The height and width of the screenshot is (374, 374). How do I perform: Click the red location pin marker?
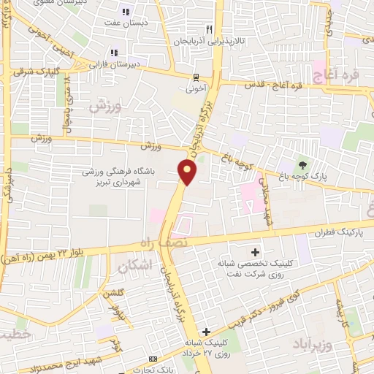188,173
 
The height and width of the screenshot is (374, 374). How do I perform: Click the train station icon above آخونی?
196,77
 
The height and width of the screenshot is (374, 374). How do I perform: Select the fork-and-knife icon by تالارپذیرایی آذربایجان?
208,29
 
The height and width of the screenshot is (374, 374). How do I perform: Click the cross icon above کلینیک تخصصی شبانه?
253,251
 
